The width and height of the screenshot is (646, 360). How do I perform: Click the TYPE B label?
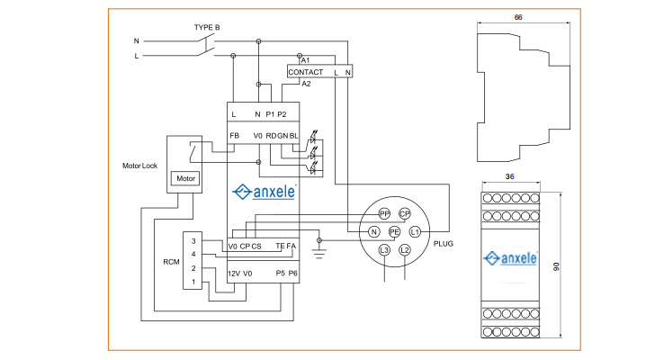tap(207, 27)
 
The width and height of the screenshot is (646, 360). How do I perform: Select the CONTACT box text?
tap(305, 71)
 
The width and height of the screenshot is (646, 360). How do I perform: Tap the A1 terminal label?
tap(306, 59)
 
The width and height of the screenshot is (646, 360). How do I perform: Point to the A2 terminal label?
tap(306, 84)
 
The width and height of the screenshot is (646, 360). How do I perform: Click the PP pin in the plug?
tap(384, 213)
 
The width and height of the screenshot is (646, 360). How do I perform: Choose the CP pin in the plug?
tap(405, 213)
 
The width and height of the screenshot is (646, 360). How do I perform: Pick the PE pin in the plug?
tap(394, 231)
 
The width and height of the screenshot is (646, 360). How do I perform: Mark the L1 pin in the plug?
tap(415, 231)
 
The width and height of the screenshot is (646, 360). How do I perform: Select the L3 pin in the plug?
tap(384, 249)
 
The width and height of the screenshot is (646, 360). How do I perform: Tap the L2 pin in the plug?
tap(405, 249)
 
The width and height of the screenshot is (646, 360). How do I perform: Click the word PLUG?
tap(444, 243)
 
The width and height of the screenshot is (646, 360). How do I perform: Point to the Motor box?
tap(186, 178)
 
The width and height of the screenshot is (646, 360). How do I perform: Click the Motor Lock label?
tap(139, 166)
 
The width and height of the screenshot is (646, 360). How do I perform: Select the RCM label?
tap(171, 262)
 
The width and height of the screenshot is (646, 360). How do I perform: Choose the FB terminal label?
tap(234, 136)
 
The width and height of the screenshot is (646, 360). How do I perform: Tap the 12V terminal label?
tap(234, 273)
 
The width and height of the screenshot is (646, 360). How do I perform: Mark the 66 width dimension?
tap(518, 17)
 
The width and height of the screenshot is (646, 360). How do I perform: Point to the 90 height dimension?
tap(570, 267)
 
